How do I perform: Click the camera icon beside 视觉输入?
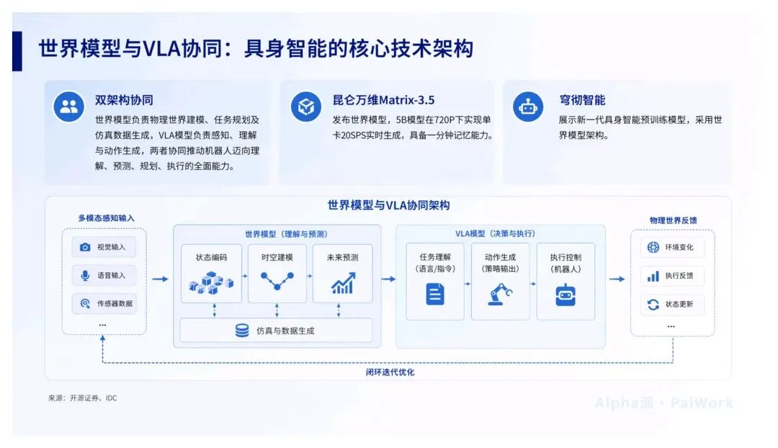(x=85, y=247)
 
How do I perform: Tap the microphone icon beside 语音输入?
(x=85, y=275)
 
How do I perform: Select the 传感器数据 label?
(x=115, y=304)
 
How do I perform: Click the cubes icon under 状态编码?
(x=211, y=283)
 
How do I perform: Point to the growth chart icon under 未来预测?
(x=344, y=283)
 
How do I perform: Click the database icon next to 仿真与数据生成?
(x=242, y=331)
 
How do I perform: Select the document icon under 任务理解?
(x=435, y=293)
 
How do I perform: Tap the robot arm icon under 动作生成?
(x=500, y=294)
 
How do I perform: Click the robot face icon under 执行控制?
(x=565, y=295)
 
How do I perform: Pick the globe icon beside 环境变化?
(x=653, y=247)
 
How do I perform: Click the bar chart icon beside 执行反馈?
(x=653, y=276)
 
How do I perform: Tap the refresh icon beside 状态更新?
(x=653, y=304)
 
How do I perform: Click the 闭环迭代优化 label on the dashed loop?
(x=390, y=372)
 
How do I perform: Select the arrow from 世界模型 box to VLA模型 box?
(x=388, y=279)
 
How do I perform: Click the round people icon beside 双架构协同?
(x=69, y=106)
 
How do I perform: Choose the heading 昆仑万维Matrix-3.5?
(x=383, y=100)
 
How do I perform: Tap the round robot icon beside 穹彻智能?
(x=528, y=106)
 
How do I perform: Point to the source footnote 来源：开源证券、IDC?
(x=82, y=398)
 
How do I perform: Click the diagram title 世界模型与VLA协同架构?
(x=388, y=205)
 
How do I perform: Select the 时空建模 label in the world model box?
(x=277, y=257)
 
